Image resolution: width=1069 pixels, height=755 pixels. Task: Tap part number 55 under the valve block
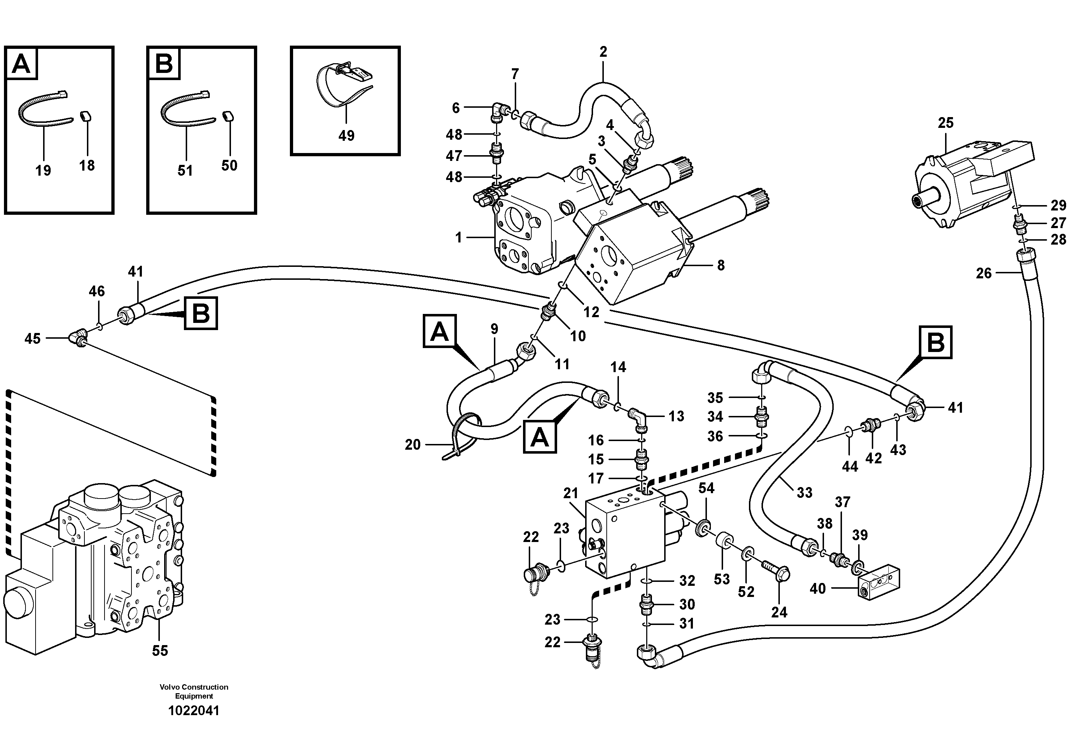(x=160, y=650)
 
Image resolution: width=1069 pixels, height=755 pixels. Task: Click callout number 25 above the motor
(x=946, y=123)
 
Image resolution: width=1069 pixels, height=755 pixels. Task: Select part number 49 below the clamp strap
(x=346, y=135)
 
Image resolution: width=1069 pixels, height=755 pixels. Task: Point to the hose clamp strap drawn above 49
(x=344, y=84)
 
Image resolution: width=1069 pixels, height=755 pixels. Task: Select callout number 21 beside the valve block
(x=571, y=494)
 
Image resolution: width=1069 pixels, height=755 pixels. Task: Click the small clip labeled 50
(x=228, y=129)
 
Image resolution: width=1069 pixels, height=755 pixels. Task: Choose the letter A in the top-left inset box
(x=21, y=64)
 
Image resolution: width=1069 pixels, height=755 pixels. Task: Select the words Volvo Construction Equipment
(x=194, y=691)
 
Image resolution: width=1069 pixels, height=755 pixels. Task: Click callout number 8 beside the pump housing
(x=720, y=265)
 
